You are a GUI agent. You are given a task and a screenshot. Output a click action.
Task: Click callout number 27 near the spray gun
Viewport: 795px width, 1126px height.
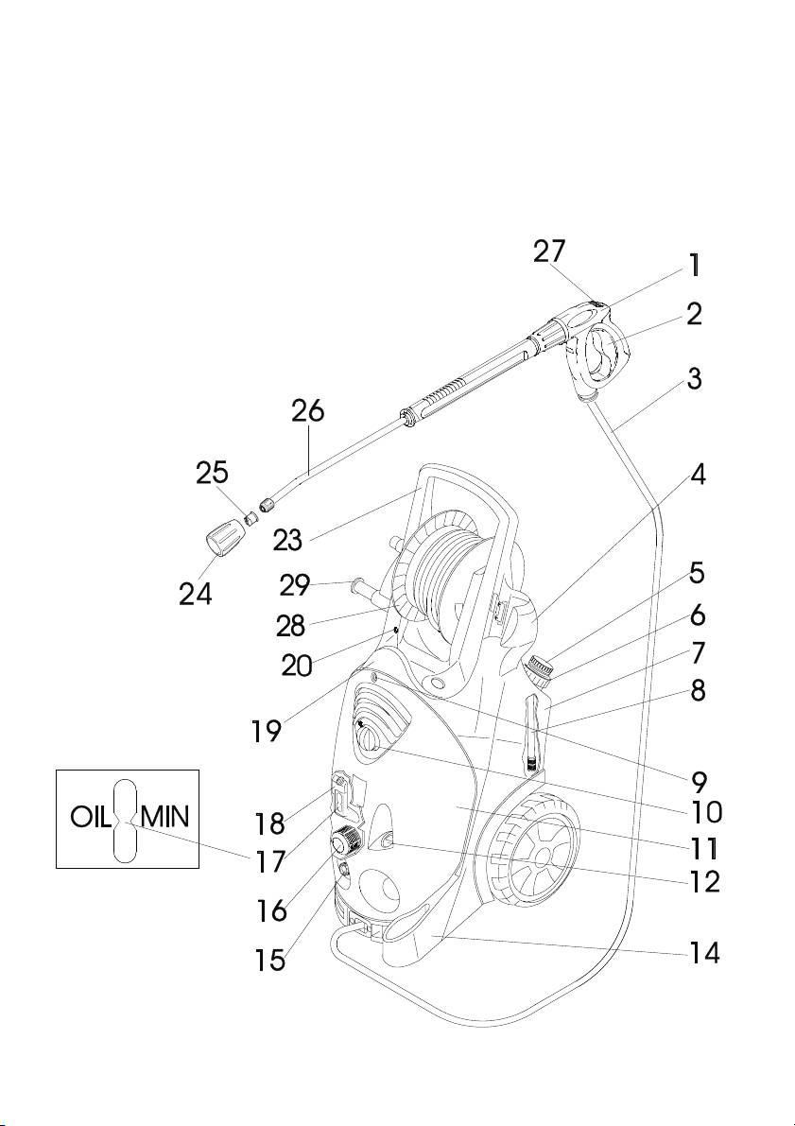[x=549, y=251]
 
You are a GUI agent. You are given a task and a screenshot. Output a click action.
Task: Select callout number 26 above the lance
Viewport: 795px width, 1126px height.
[x=306, y=411]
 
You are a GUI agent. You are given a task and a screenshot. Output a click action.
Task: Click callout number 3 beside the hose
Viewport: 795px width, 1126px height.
[x=694, y=379]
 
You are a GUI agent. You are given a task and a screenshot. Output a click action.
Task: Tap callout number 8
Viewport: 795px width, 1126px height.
[x=697, y=691]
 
